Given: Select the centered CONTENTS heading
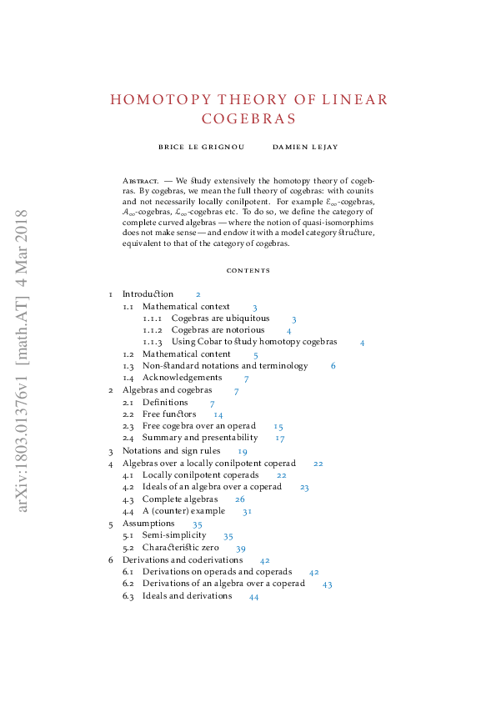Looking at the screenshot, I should (x=248, y=270).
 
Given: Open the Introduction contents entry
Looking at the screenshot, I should (x=148, y=294).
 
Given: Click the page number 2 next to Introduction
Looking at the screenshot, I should (x=198, y=294).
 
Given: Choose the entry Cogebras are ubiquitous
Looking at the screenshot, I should (x=220, y=318).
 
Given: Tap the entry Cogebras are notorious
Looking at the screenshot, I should (x=218, y=330).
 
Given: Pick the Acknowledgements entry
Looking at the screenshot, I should (x=182, y=379).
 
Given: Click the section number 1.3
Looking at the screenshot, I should (x=128, y=366).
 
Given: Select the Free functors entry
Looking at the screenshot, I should (x=169, y=414).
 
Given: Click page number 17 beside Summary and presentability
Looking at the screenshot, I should (x=280, y=439).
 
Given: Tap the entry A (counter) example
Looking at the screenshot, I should (x=183, y=511).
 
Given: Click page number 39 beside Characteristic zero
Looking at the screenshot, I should (x=241, y=549).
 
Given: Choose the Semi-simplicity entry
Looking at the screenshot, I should (x=173, y=535).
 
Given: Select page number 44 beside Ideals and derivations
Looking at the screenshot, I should (x=254, y=596).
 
